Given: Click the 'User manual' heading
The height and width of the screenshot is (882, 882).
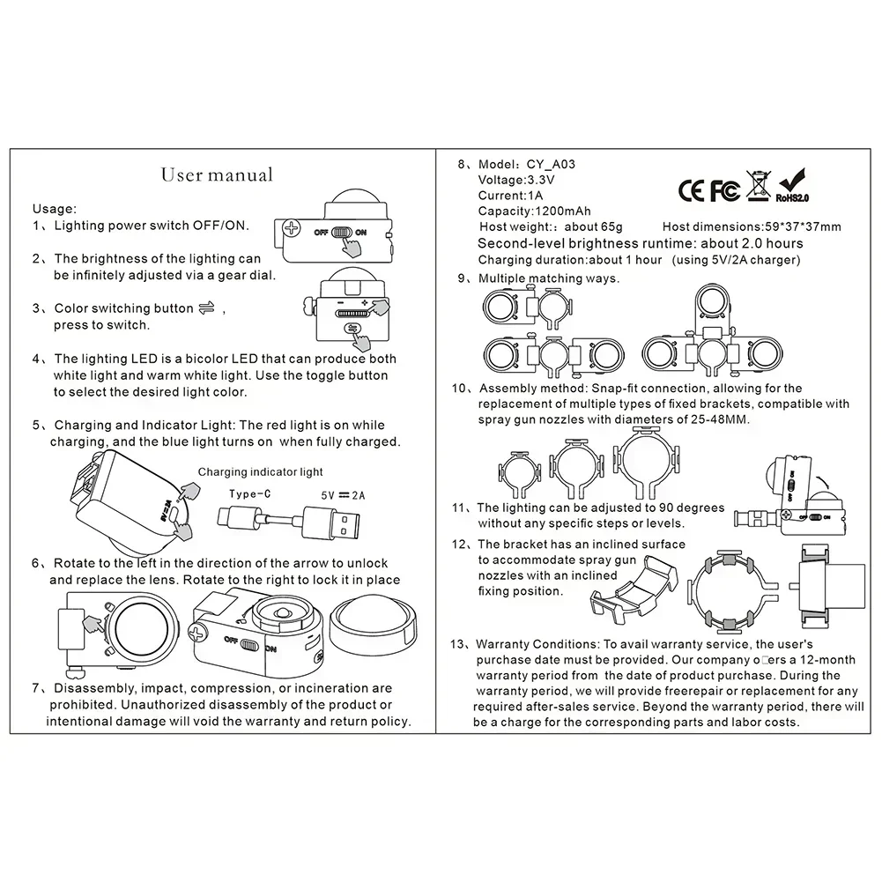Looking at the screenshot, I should [217, 174].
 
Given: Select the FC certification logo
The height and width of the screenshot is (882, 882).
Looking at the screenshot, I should [724, 189].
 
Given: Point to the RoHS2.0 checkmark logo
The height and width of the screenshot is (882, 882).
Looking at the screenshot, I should [791, 185].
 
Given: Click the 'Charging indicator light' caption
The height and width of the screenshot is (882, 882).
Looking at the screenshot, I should [260, 472].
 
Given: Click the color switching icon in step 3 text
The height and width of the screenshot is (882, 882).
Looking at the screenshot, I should [208, 308].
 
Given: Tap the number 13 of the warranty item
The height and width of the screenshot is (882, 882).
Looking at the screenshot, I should [458, 643].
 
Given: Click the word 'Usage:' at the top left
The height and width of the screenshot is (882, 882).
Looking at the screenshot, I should [55, 209].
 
